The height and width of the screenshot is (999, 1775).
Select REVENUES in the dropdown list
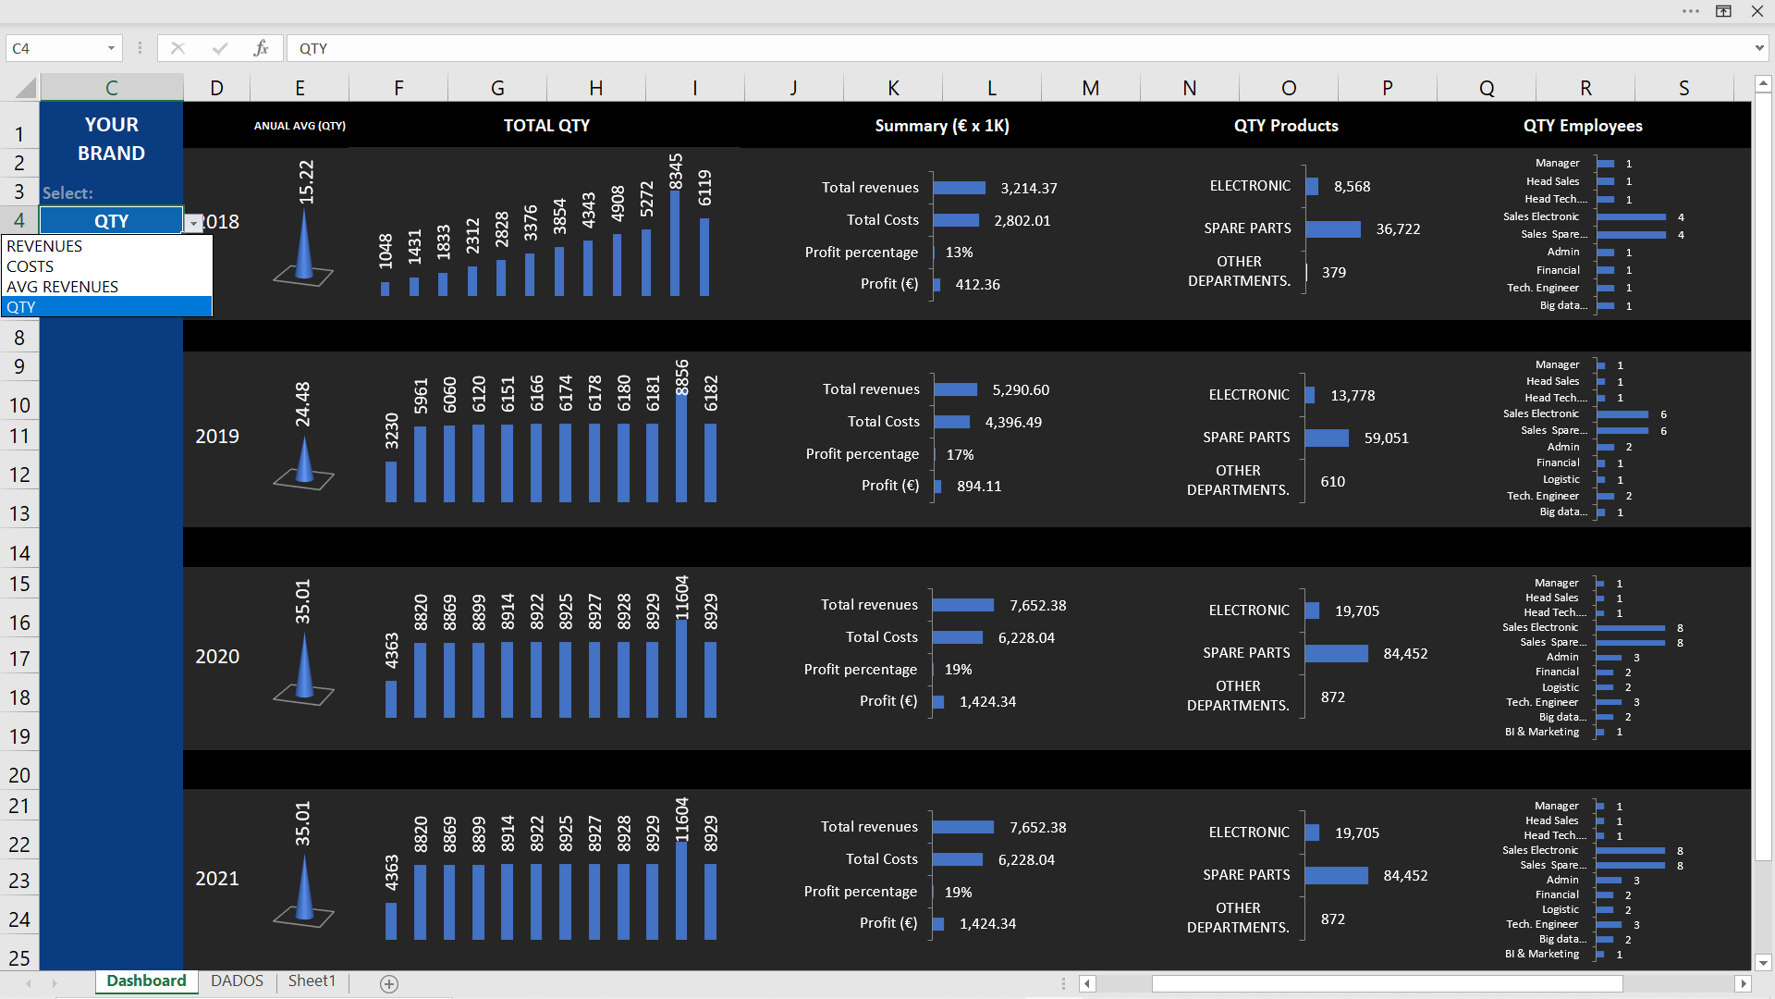tap(44, 246)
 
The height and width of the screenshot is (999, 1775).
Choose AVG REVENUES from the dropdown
tap(62, 287)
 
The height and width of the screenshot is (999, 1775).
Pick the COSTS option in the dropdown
tap(31, 266)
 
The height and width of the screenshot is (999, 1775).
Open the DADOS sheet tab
tap(237, 980)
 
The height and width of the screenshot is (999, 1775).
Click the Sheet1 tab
tap(312, 980)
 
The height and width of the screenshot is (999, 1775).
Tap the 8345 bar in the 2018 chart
tap(676, 243)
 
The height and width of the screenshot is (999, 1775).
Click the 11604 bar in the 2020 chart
tap(681, 668)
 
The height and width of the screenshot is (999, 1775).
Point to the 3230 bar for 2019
tap(391, 481)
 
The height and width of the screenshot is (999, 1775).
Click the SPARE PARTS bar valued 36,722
tap(1333, 229)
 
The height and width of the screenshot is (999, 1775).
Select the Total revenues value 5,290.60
tap(1021, 390)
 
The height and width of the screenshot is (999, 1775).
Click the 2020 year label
tap(217, 657)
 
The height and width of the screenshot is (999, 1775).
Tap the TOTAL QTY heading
tap(546, 126)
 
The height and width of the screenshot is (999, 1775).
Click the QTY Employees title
tap(1583, 126)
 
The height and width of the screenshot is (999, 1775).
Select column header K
tap(893, 88)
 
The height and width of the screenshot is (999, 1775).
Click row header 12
tap(19, 475)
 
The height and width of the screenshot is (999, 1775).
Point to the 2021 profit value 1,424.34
tap(987, 924)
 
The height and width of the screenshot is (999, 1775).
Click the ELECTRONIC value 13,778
tap(1353, 396)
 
